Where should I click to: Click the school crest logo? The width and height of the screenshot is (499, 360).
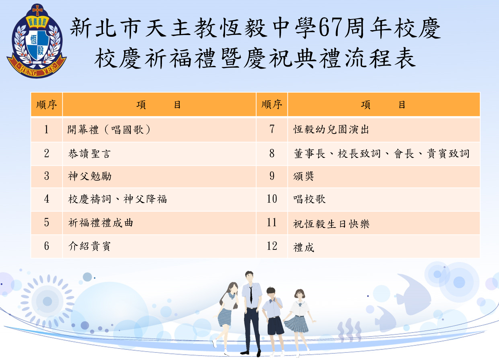(36, 41)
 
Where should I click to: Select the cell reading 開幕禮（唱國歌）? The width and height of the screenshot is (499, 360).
(109, 130)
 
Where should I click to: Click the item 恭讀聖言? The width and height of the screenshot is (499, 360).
(89, 154)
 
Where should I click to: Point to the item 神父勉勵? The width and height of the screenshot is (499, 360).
(89, 176)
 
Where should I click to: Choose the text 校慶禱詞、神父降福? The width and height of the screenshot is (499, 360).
(118, 199)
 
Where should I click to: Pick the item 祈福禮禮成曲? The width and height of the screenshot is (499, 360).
(101, 223)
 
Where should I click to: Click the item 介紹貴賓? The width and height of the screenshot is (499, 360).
(89, 246)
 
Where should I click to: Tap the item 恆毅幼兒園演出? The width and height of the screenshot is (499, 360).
(331, 129)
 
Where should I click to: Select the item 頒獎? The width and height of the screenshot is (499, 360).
(303, 176)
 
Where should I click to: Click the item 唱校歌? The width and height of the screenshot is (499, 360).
(309, 199)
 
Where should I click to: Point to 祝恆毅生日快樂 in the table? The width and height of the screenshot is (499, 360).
(331, 224)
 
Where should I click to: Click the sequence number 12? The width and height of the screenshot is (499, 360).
(272, 246)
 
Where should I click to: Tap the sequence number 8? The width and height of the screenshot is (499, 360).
(272, 153)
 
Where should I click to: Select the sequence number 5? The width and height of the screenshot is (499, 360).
(46, 222)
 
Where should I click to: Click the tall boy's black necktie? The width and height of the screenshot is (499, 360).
(251, 294)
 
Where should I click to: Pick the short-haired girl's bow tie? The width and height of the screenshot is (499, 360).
(300, 304)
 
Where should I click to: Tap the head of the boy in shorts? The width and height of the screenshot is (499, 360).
(271, 293)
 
